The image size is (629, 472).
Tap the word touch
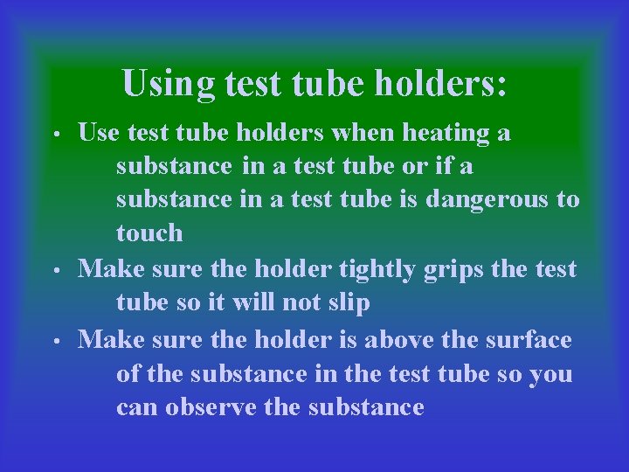pyautogui.click(x=149, y=233)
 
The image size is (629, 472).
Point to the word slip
pyautogui.click(x=348, y=303)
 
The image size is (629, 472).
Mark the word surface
pyautogui.click(x=529, y=339)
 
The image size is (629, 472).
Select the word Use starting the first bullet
pyautogui.click(x=99, y=134)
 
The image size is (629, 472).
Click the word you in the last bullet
pyautogui.click(x=551, y=375)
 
